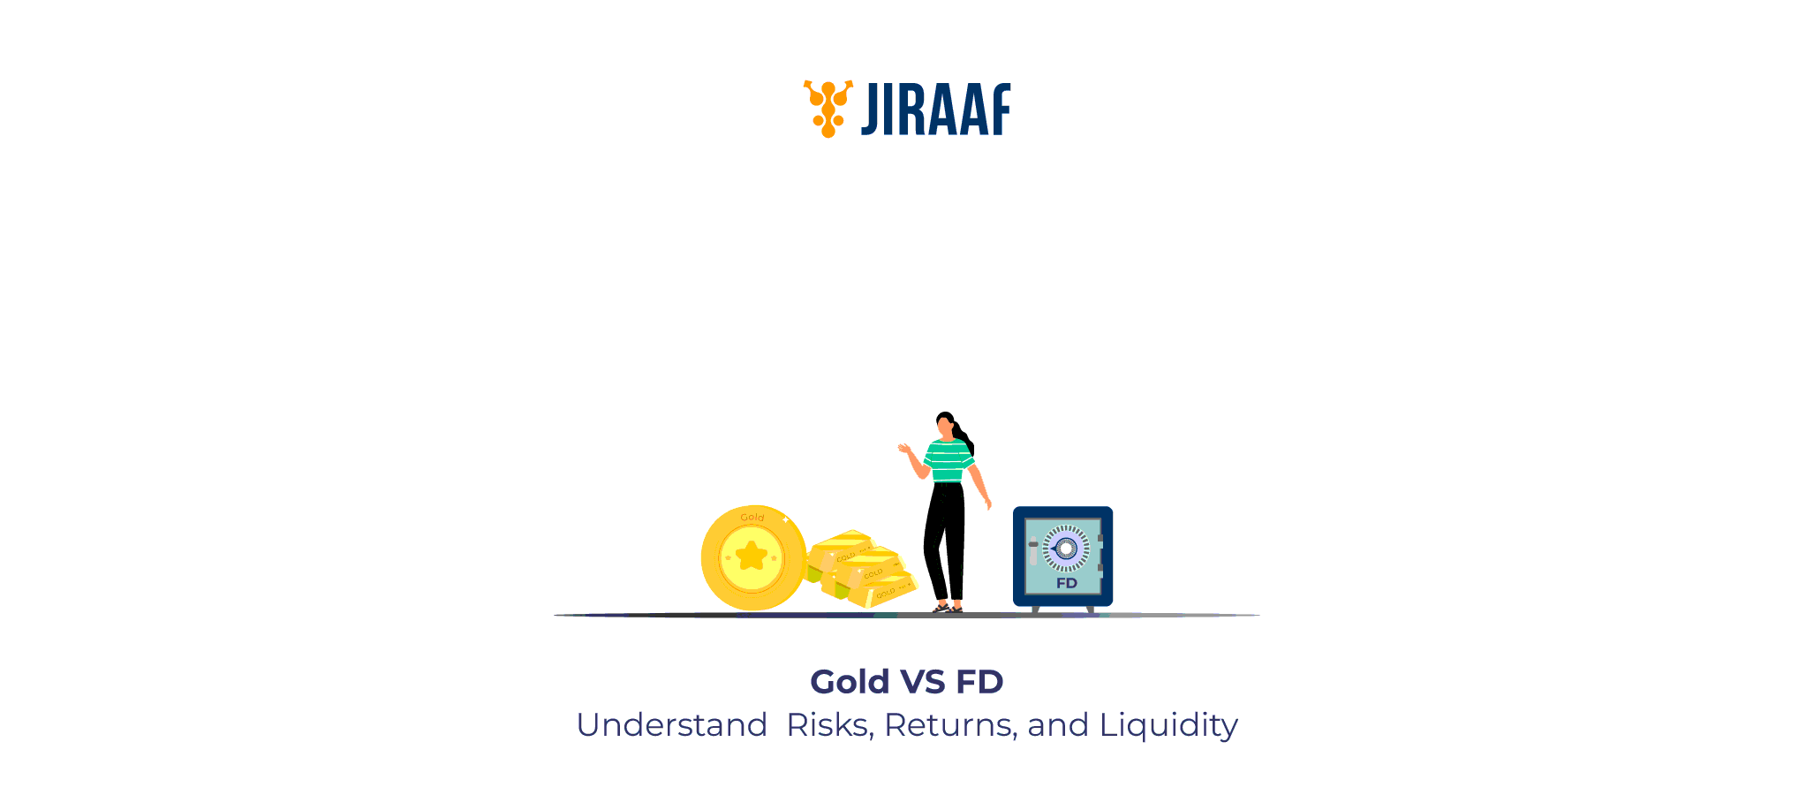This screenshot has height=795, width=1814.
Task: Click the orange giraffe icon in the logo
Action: pyautogui.click(x=828, y=109)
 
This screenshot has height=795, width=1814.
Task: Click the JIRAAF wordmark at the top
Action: pyautogui.click(x=936, y=110)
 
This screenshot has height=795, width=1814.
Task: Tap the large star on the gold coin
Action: pyautogui.click(x=752, y=556)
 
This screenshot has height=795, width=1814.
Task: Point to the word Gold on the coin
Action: pyautogui.click(x=752, y=518)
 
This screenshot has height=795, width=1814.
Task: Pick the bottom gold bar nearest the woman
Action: pyautogui.click(x=883, y=591)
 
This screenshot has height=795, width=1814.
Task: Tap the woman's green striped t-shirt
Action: pyautogui.click(x=948, y=460)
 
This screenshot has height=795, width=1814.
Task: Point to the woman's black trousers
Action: pyautogui.click(x=944, y=539)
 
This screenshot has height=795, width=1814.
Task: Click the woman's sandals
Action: pyautogui.click(x=947, y=608)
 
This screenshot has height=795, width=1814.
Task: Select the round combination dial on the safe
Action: pyautogui.click(x=1066, y=549)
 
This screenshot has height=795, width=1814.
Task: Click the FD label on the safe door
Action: pyautogui.click(x=1067, y=583)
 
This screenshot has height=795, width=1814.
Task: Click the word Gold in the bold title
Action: pyautogui.click(x=850, y=682)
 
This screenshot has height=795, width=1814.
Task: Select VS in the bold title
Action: pyautogui.click(x=923, y=682)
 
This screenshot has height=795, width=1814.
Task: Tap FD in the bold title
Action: pyautogui.click(x=979, y=682)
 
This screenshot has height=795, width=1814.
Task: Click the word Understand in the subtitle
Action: pyautogui.click(x=672, y=725)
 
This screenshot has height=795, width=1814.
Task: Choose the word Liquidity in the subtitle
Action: pyautogui.click(x=1168, y=725)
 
